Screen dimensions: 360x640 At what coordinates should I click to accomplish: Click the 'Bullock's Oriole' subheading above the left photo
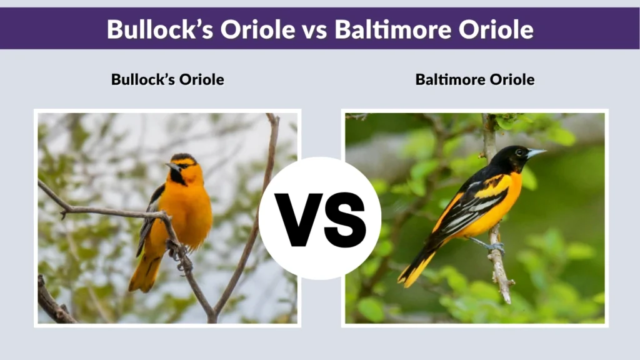[167, 79]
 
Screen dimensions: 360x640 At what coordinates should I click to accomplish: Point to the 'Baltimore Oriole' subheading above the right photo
[475, 79]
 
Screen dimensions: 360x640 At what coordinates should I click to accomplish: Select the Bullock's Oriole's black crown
[183, 157]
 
